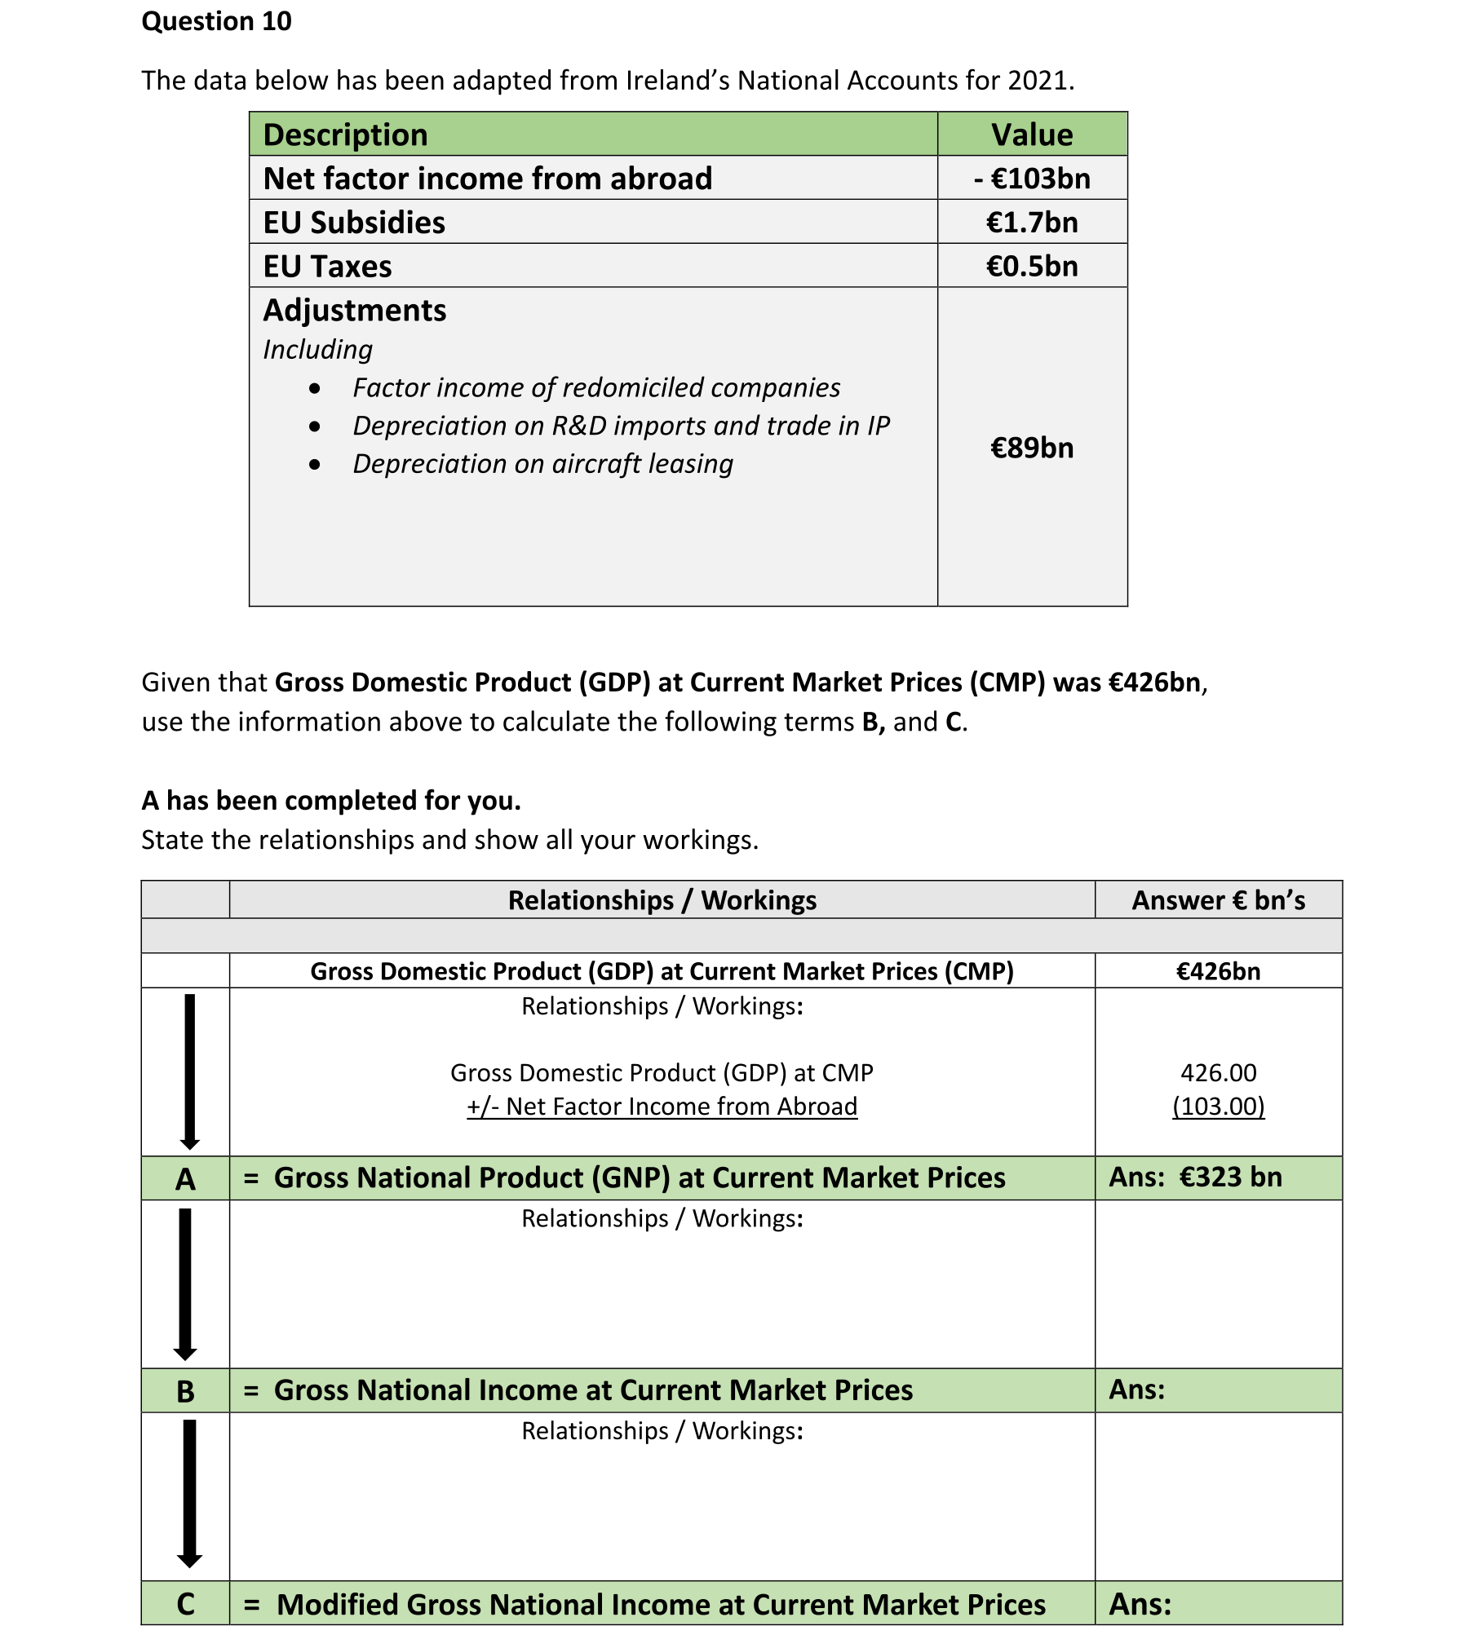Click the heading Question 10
[x=216, y=21]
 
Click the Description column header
[x=345, y=135]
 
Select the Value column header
[x=1032, y=135]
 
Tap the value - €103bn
[x=1032, y=179]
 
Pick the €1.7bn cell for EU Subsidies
[x=1032, y=223]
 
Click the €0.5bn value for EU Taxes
[x=1032, y=267]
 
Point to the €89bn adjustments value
[x=1032, y=448]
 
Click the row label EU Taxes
[x=327, y=267]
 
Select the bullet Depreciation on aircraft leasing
[x=542, y=464]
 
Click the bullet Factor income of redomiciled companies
[x=596, y=388]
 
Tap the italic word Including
[x=317, y=350]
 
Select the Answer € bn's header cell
[x=1218, y=900]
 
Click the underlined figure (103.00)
[x=1218, y=1107]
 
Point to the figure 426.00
[x=1218, y=1072]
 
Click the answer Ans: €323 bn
[x=1195, y=1178]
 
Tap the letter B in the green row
[x=185, y=1391]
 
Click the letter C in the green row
[x=185, y=1605]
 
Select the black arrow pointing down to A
[x=189, y=1071]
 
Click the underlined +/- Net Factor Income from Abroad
[x=662, y=1107]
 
